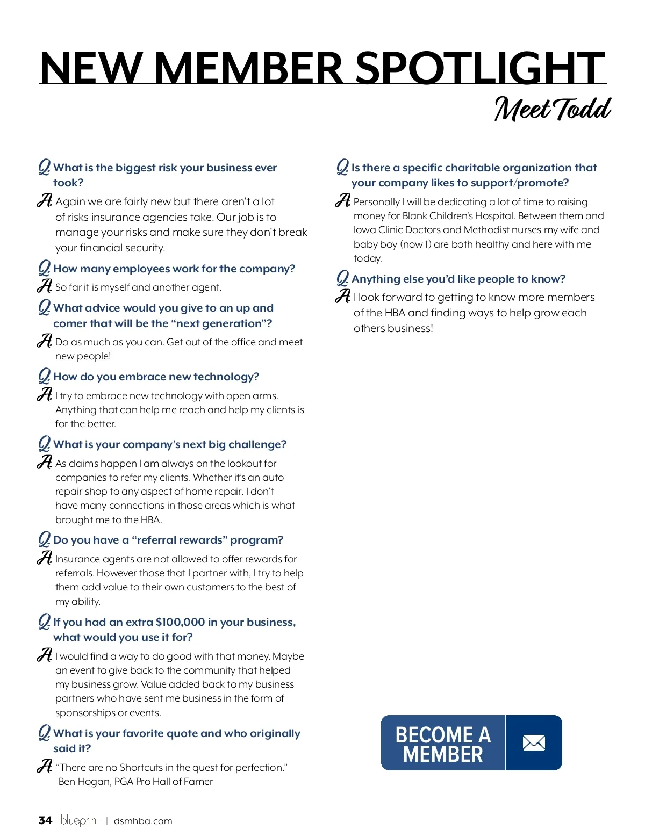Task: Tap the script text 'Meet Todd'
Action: (x=552, y=109)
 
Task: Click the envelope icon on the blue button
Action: (x=534, y=743)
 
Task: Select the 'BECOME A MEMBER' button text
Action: (x=443, y=744)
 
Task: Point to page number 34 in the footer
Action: (x=45, y=820)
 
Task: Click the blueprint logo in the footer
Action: (x=80, y=820)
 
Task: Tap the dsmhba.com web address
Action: (x=143, y=821)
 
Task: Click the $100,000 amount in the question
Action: (x=180, y=622)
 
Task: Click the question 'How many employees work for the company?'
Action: (x=174, y=269)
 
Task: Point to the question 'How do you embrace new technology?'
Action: (x=156, y=377)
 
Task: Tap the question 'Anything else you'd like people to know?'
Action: (x=458, y=279)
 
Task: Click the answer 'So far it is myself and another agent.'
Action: (x=138, y=287)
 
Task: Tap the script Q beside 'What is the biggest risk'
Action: (x=44, y=167)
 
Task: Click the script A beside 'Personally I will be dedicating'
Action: (x=342, y=201)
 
